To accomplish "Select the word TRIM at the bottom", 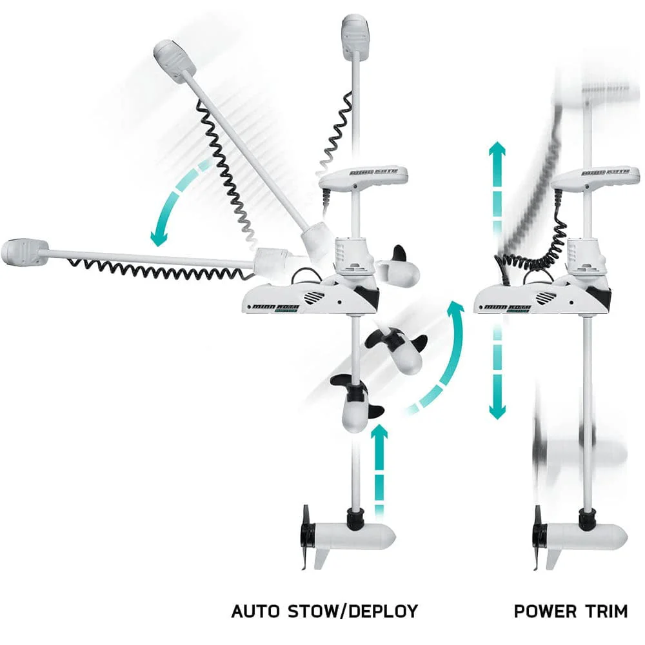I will [606, 611].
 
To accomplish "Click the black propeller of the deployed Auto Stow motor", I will [308, 535].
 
